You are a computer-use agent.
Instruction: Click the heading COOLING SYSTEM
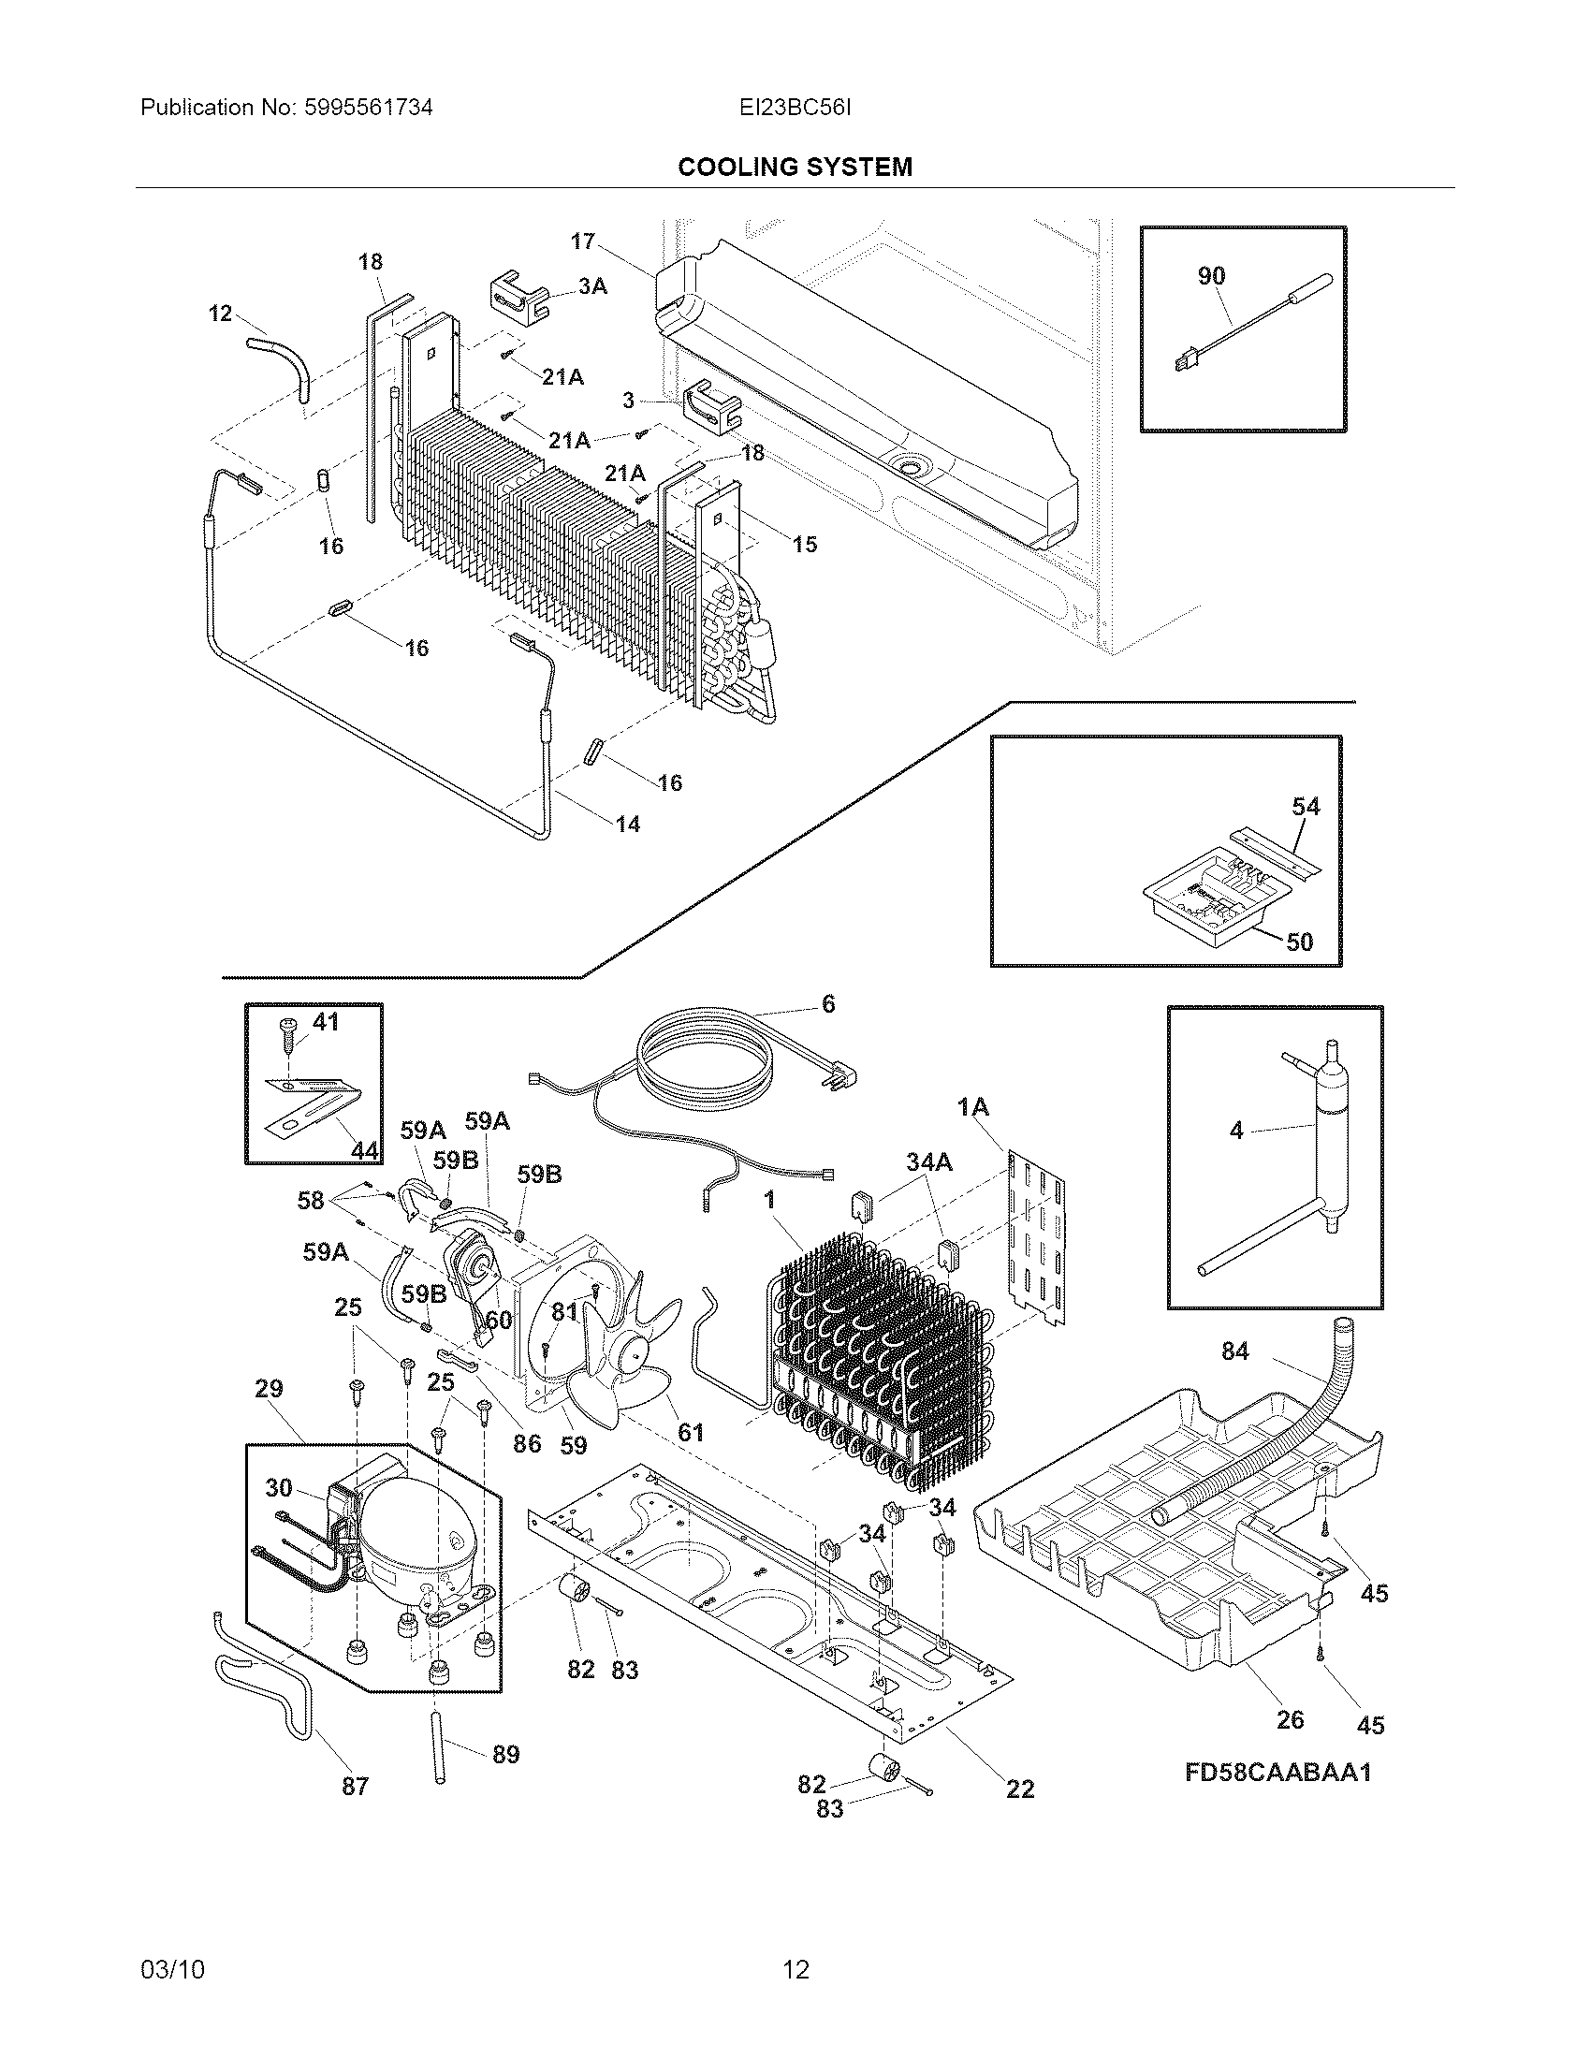click(795, 167)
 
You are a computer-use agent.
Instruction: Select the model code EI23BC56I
click(795, 108)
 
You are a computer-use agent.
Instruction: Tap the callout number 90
click(1211, 276)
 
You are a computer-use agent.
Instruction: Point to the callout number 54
click(1306, 806)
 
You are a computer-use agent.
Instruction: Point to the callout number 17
click(582, 241)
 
